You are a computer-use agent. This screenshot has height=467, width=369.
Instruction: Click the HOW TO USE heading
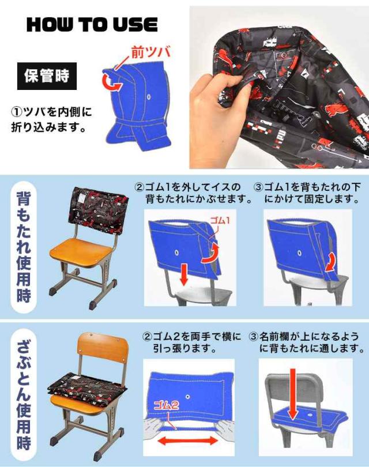pyautogui.click(x=92, y=24)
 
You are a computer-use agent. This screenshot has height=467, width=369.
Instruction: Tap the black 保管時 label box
pyautogui.click(x=47, y=76)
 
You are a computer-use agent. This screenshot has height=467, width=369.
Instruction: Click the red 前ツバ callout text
pyautogui.click(x=150, y=52)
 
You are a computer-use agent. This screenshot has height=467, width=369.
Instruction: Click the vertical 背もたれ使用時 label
pyautogui.click(x=24, y=247)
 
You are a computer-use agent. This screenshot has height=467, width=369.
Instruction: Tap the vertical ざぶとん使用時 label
pyautogui.click(x=24, y=394)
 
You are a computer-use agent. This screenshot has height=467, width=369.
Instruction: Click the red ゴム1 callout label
pyautogui.click(x=220, y=220)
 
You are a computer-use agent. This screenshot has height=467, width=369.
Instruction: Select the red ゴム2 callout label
pyautogui.click(x=166, y=405)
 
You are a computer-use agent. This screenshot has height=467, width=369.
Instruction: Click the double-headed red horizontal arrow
pyautogui.click(x=187, y=440)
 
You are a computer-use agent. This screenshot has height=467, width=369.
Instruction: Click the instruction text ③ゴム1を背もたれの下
pyautogui.click(x=307, y=187)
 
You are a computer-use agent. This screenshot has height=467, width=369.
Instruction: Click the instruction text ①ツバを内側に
pyautogui.click(x=51, y=112)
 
